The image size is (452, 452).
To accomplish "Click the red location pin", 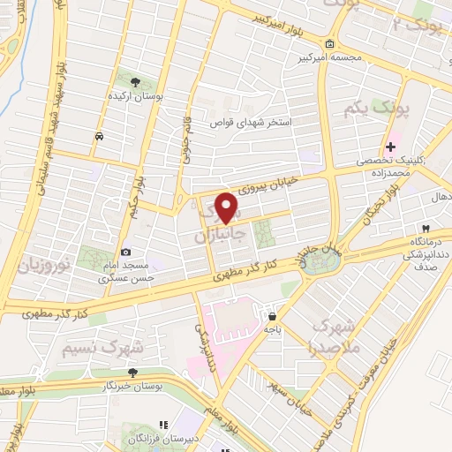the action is (228, 207).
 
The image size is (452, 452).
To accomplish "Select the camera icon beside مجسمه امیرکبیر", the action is (329, 44).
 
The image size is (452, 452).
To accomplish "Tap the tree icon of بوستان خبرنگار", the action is (132, 373).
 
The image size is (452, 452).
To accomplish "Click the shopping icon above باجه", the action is (272, 314).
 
